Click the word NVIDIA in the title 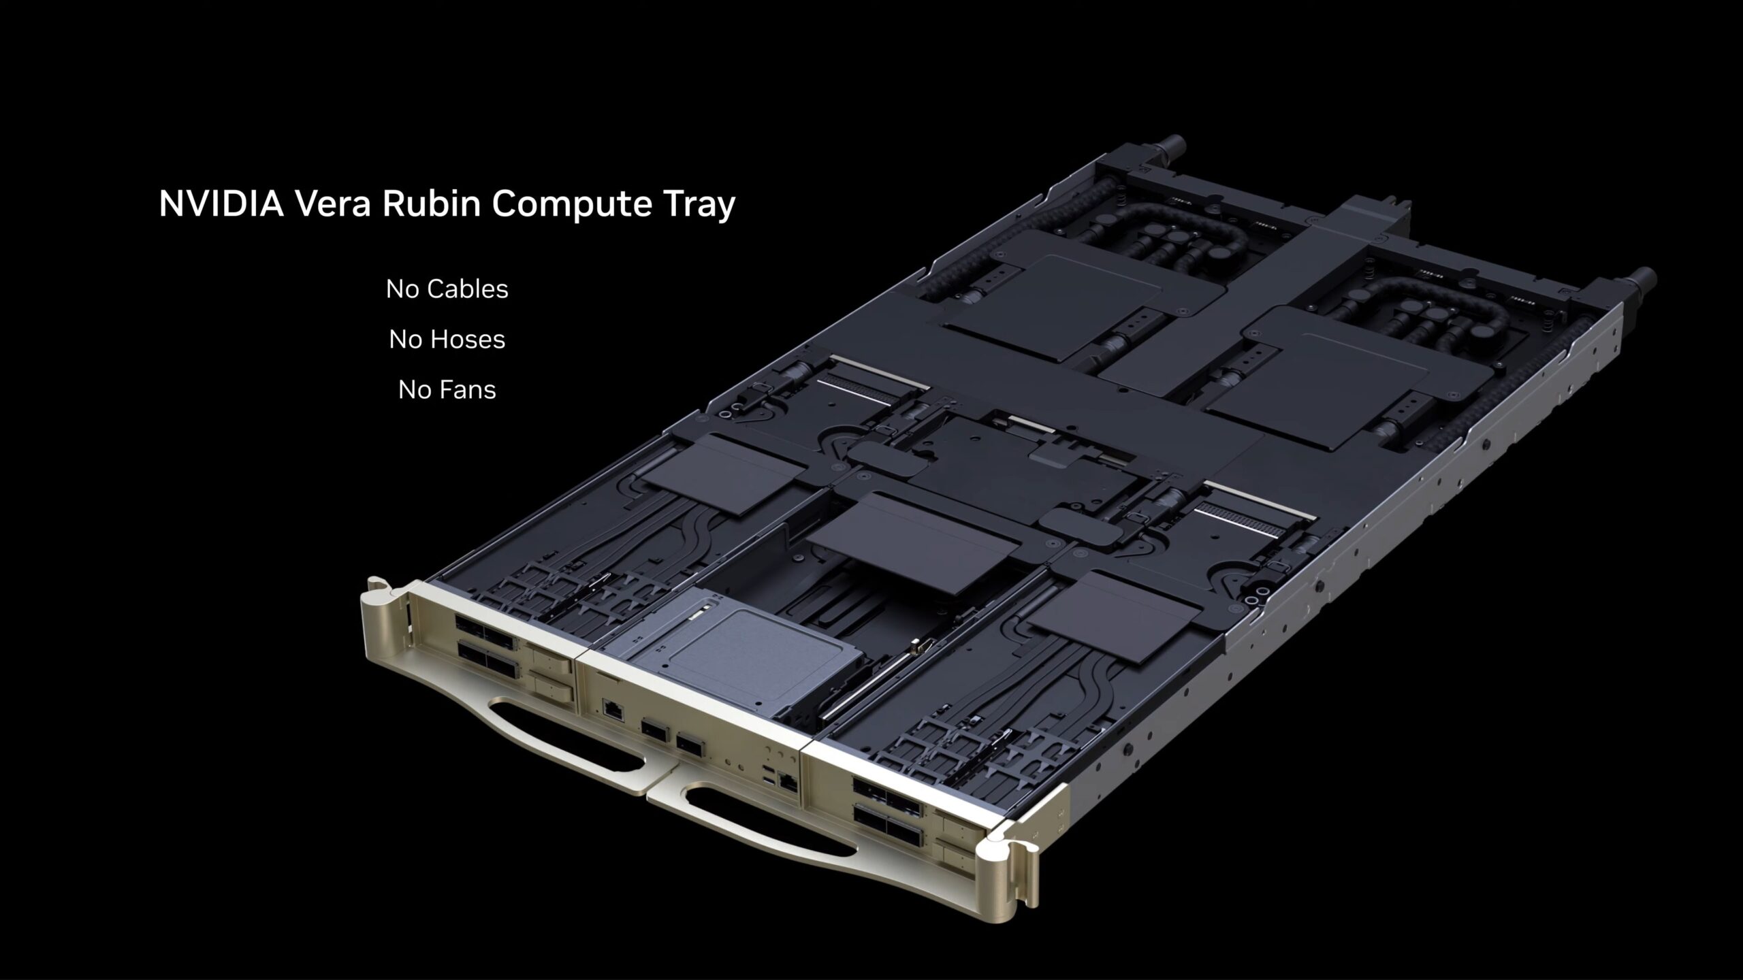tap(221, 203)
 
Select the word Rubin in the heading tap(430, 203)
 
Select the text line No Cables tap(447, 289)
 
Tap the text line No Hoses tap(447, 340)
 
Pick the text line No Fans tap(447, 390)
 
